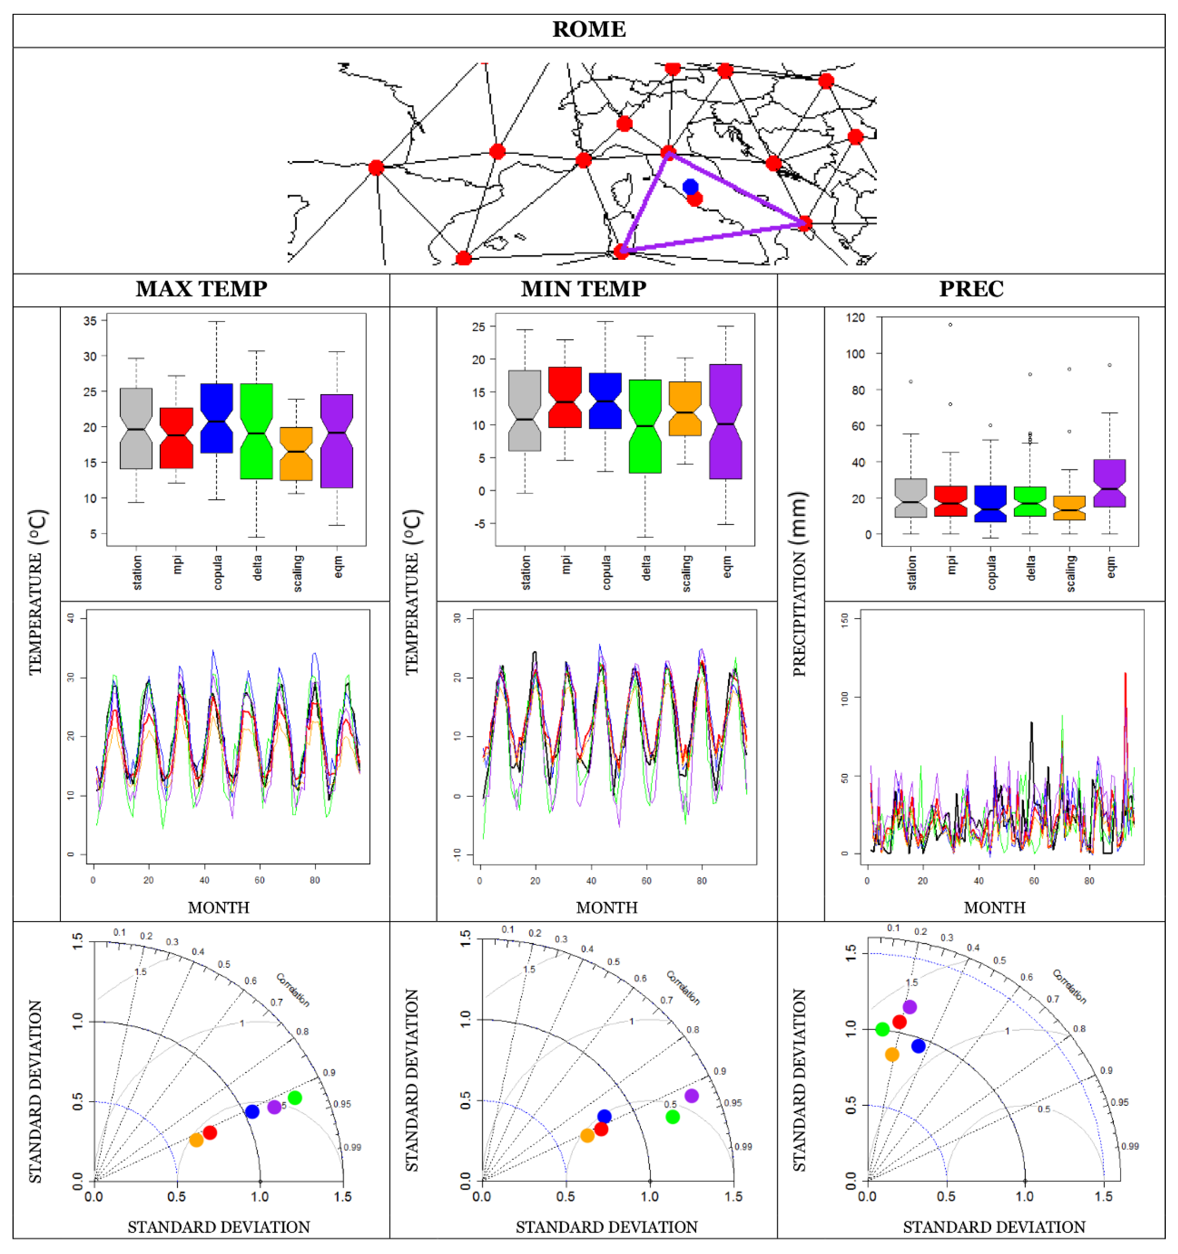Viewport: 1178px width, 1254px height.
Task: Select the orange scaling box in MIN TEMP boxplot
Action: (x=685, y=408)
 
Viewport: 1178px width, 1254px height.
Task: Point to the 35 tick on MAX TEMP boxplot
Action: (x=90, y=321)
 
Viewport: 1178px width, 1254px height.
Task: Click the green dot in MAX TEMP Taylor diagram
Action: (x=295, y=1098)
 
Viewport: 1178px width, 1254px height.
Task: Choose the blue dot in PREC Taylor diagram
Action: (x=918, y=1046)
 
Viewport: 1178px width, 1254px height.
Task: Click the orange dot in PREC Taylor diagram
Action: (x=892, y=1054)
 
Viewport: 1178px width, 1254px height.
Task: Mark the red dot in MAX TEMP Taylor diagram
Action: (x=210, y=1132)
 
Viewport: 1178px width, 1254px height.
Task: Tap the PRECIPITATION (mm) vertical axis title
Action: (x=799, y=584)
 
